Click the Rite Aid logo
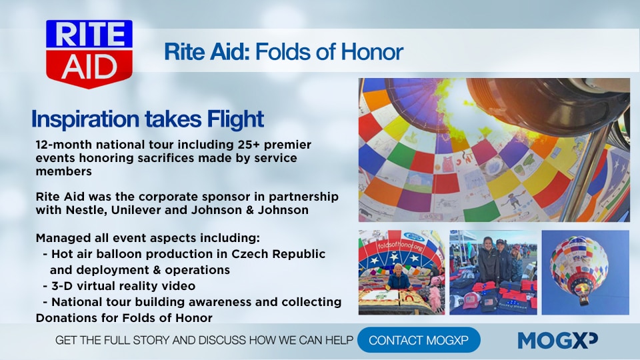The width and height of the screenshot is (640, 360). (x=89, y=53)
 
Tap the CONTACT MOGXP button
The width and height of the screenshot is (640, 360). (x=419, y=340)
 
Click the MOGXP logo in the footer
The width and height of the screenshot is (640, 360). (x=557, y=341)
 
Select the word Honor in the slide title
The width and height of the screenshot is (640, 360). (x=372, y=51)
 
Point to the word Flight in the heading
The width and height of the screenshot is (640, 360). (x=235, y=119)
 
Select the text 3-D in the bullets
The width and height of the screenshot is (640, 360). (x=61, y=286)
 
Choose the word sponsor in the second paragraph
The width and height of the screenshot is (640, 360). (x=227, y=197)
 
